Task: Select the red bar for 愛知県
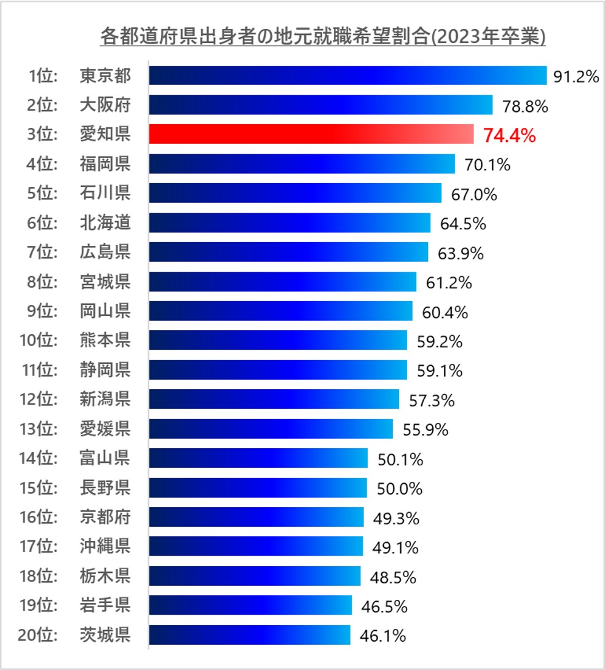[x=311, y=134]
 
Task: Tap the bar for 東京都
[x=347, y=76]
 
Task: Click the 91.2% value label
[x=575, y=76]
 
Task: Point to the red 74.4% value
[x=509, y=135]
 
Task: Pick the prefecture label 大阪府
[x=105, y=105]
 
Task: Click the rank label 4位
[x=42, y=164]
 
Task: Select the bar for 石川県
[x=295, y=193]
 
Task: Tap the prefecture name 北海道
[x=105, y=223]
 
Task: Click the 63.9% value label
[x=461, y=253]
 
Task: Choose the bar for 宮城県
[x=283, y=282]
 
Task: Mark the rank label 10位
[x=39, y=341]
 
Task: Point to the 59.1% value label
[x=440, y=371]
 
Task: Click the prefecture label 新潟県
[x=105, y=400]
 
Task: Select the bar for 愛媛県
[x=271, y=429]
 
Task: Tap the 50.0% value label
[x=400, y=489]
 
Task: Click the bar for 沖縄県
[x=256, y=546]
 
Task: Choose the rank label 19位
[x=39, y=605]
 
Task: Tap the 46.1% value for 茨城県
[x=382, y=636]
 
